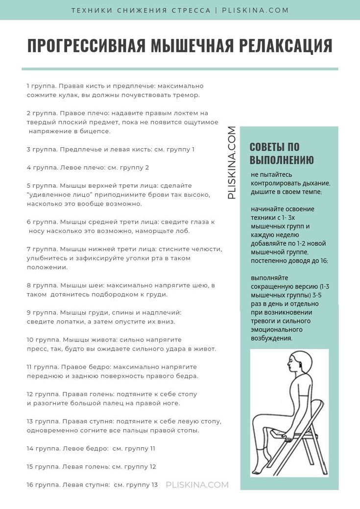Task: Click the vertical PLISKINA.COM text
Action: click(232, 162)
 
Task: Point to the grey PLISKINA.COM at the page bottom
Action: click(197, 485)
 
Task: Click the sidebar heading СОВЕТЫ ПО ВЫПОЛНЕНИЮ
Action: click(282, 153)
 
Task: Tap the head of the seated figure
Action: click(299, 365)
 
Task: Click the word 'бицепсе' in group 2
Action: click(97, 131)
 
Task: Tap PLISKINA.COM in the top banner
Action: click(255, 10)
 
